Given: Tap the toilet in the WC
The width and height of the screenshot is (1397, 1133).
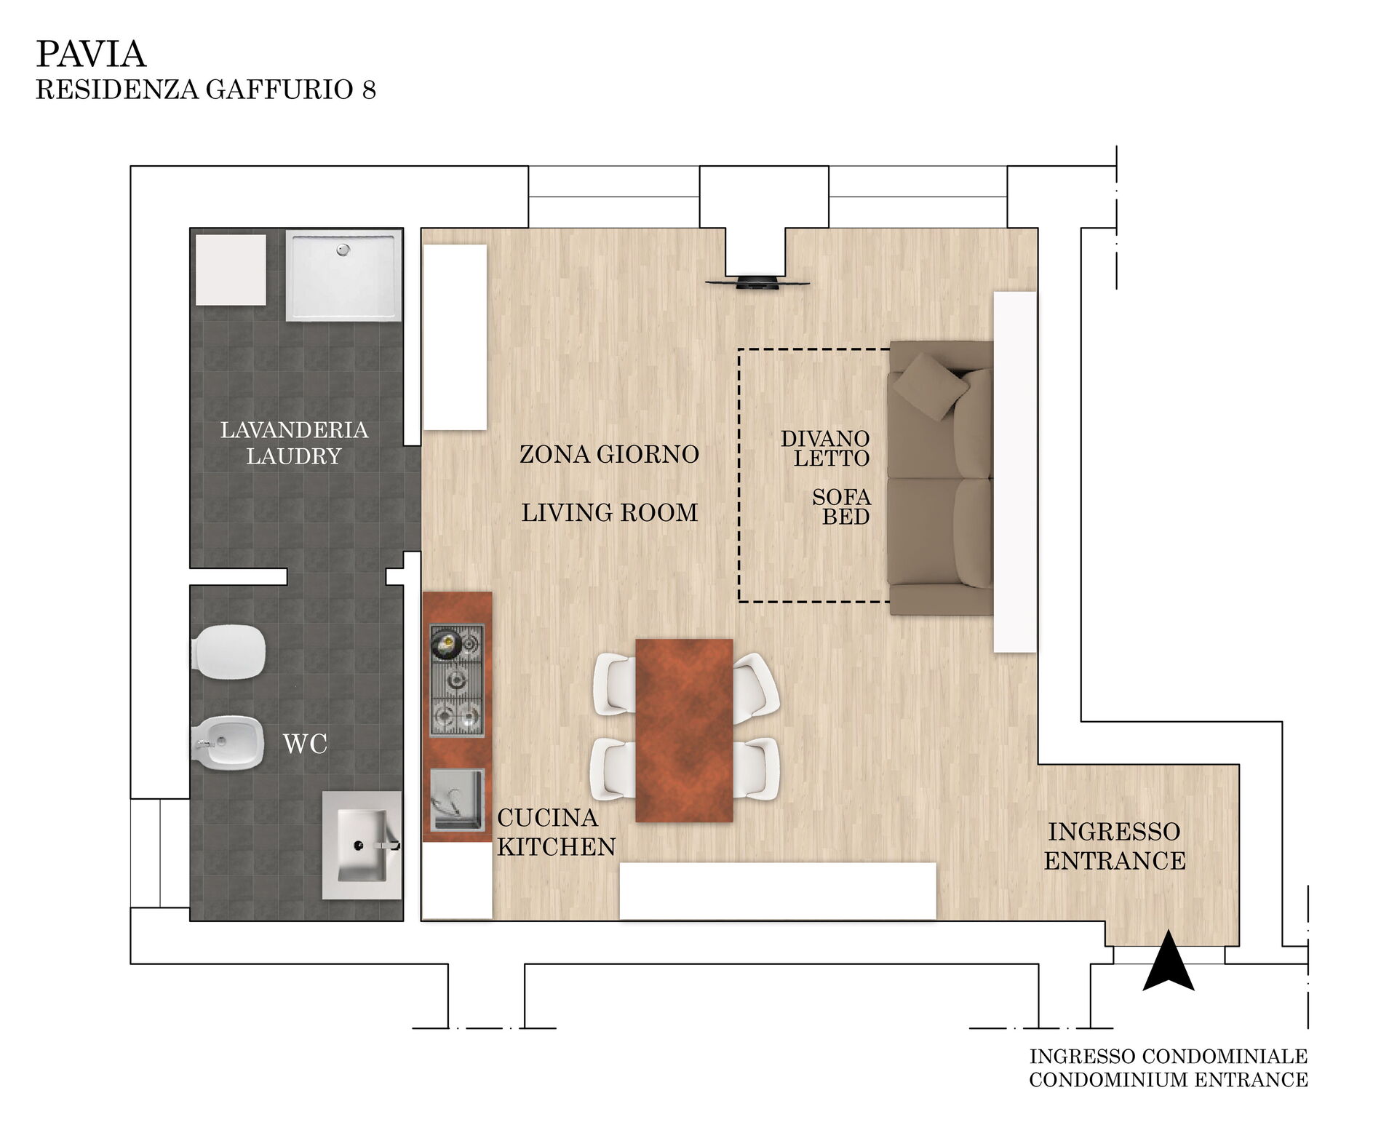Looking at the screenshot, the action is pyautogui.click(x=228, y=652).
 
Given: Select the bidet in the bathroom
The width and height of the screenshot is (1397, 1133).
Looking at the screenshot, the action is pyautogui.click(x=227, y=742).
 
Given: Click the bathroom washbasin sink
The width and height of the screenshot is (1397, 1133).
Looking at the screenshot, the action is pyautogui.click(x=362, y=846).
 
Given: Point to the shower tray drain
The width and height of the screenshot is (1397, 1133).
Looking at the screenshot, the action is pyautogui.click(x=343, y=250).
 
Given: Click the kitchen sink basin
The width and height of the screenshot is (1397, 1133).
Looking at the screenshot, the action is pyautogui.click(x=457, y=800).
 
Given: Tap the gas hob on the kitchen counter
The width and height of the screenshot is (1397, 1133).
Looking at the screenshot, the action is pyautogui.click(x=457, y=680).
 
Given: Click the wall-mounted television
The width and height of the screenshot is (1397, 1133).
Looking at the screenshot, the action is pyautogui.click(x=757, y=282).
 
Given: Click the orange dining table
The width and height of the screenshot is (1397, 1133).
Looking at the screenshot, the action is pyautogui.click(x=684, y=731).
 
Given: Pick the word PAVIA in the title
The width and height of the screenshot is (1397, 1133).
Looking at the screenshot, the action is pyautogui.click(x=91, y=54).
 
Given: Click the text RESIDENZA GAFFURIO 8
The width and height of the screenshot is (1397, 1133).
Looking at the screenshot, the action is pyautogui.click(x=206, y=90).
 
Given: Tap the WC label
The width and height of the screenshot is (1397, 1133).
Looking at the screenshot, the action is pyautogui.click(x=305, y=744).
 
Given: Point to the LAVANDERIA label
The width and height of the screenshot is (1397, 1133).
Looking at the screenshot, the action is pyautogui.click(x=294, y=430).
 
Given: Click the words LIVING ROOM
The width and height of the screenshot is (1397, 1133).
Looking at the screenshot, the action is pyautogui.click(x=610, y=513).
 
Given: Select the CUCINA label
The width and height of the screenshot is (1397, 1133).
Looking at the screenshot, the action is pyautogui.click(x=547, y=818).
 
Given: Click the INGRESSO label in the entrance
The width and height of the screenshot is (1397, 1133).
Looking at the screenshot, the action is pyautogui.click(x=1114, y=832).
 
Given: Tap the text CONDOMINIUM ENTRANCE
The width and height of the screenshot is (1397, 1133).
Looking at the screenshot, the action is pyautogui.click(x=1169, y=1080).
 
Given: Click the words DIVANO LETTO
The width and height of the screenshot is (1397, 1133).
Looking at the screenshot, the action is pyautogui.click(x=825, y=448).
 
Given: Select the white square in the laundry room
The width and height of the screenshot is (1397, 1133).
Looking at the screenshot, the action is pyautogui.click(x=231, y=269).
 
